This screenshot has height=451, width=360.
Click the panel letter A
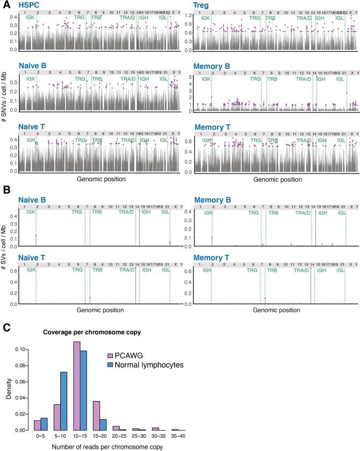click(x=5, y=4)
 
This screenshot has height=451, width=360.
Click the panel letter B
click(x=5, y=190)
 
